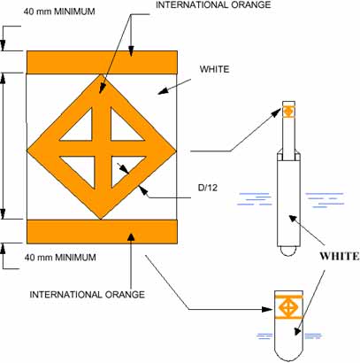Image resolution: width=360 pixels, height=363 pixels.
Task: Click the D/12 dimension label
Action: click(208, 188)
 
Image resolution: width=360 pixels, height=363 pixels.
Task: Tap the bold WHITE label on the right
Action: click(340, 256)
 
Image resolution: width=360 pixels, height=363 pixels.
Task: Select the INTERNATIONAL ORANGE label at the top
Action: click(213, 4)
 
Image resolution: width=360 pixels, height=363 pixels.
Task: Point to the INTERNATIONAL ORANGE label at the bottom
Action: click(88, 295)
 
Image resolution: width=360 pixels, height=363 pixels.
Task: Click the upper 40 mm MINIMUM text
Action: click(59, 12)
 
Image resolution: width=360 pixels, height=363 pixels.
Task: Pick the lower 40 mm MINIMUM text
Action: click(60, 257)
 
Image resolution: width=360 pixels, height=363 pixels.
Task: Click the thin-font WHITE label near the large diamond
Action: click(214, 69)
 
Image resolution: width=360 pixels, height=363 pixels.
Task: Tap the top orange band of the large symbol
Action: click(102, 62)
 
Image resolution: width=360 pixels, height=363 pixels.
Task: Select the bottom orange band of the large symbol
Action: click(102, 231)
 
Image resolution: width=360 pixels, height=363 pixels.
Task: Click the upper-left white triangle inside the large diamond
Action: click(81, 129)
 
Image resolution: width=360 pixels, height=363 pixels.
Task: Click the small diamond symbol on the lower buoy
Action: click(288, 307)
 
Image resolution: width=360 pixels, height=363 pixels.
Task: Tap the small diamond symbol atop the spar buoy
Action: click(289, 112)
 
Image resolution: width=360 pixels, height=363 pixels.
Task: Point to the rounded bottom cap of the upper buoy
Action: click(288, 251)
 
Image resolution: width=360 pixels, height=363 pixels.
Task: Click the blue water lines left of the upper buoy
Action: click(254, 199)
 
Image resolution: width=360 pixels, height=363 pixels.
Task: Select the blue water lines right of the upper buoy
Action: click(325, 200)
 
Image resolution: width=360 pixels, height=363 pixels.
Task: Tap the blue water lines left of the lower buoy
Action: click(264, 336)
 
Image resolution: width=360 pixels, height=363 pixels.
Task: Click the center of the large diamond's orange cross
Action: click(103, 149)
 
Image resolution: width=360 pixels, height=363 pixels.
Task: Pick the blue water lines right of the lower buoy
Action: click(313, 336)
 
